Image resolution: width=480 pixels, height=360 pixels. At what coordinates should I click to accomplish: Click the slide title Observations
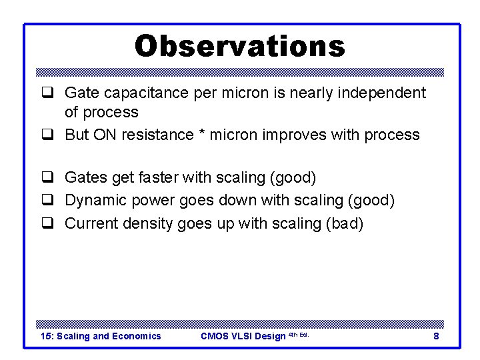(240, 47)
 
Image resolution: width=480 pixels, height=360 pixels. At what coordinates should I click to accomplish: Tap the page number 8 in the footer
(436, 336)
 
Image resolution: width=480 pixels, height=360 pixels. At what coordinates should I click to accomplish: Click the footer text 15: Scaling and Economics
(101, 336)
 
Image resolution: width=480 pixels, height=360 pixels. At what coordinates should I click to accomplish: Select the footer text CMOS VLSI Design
(243, 336)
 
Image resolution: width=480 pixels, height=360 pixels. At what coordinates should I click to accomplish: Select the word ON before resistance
(104, 135)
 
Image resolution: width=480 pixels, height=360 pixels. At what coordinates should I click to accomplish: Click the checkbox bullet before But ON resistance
(49, 135)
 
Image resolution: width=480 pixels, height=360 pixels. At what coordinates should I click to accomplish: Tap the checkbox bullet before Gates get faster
(49, 179)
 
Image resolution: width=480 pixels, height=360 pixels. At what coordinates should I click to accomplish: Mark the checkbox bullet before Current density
(49, 224)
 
